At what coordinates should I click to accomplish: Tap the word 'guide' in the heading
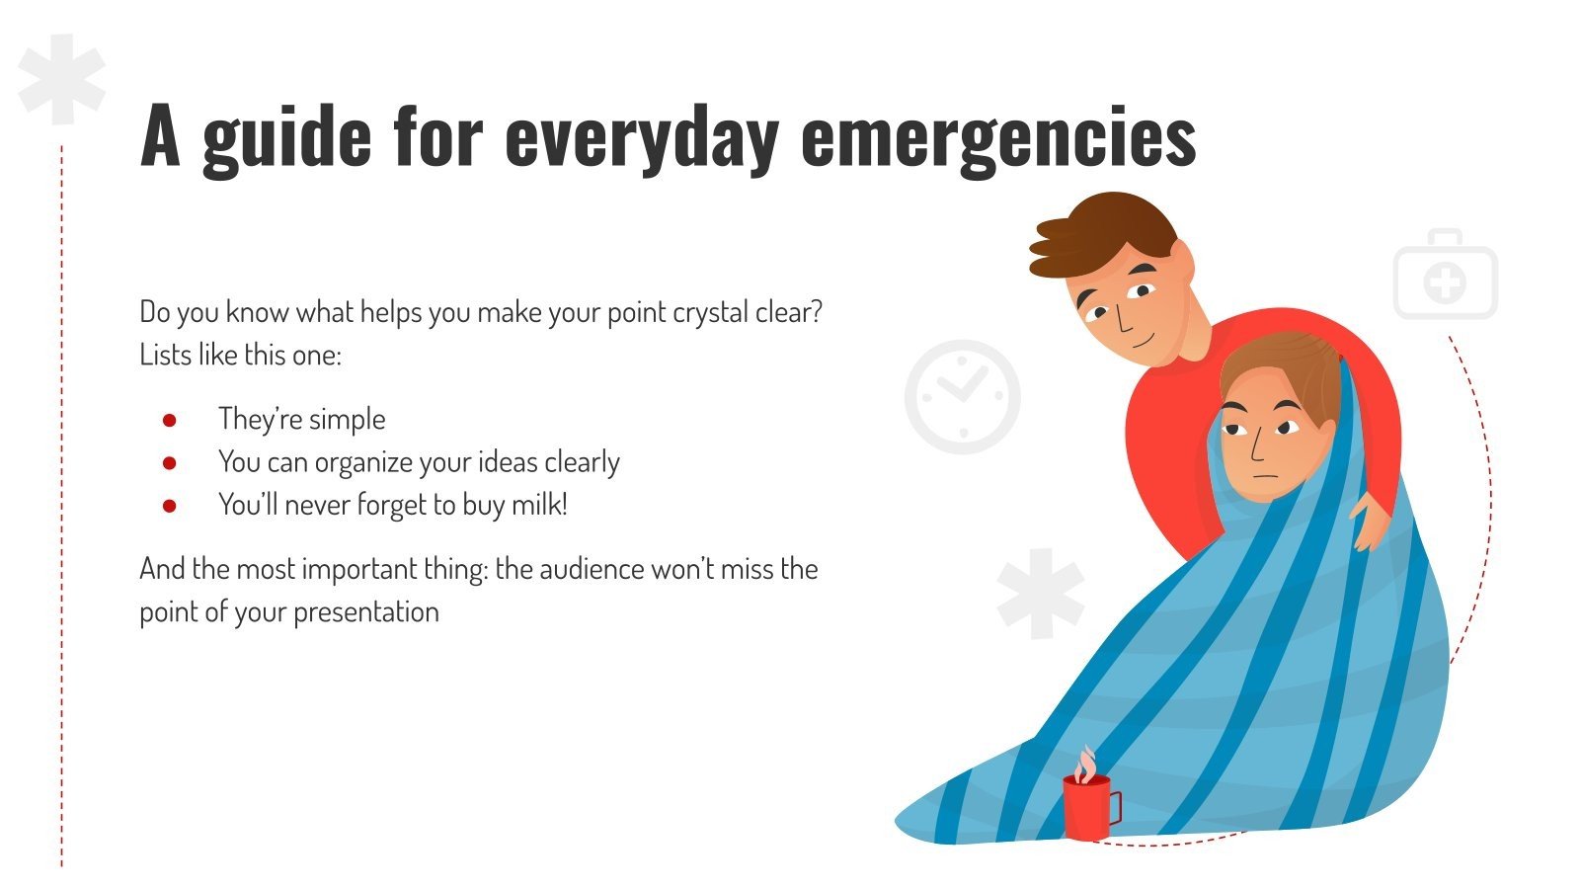pos(286,138)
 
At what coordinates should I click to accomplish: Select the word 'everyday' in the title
pos(641,138)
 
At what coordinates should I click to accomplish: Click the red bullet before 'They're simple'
pos(170,420)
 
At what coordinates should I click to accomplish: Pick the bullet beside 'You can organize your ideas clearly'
pos(170,462)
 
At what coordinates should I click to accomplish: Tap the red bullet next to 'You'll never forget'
pos(170,506)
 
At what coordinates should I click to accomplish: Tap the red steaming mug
pos(1088,804)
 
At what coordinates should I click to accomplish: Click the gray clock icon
pos(962,397)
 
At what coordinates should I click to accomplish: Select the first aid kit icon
pos(1445,277)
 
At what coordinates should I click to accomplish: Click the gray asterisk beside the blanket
pos(1040,593)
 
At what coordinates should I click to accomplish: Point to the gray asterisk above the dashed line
pos(61,79)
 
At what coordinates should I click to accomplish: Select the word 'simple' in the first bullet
pos(347,420)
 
